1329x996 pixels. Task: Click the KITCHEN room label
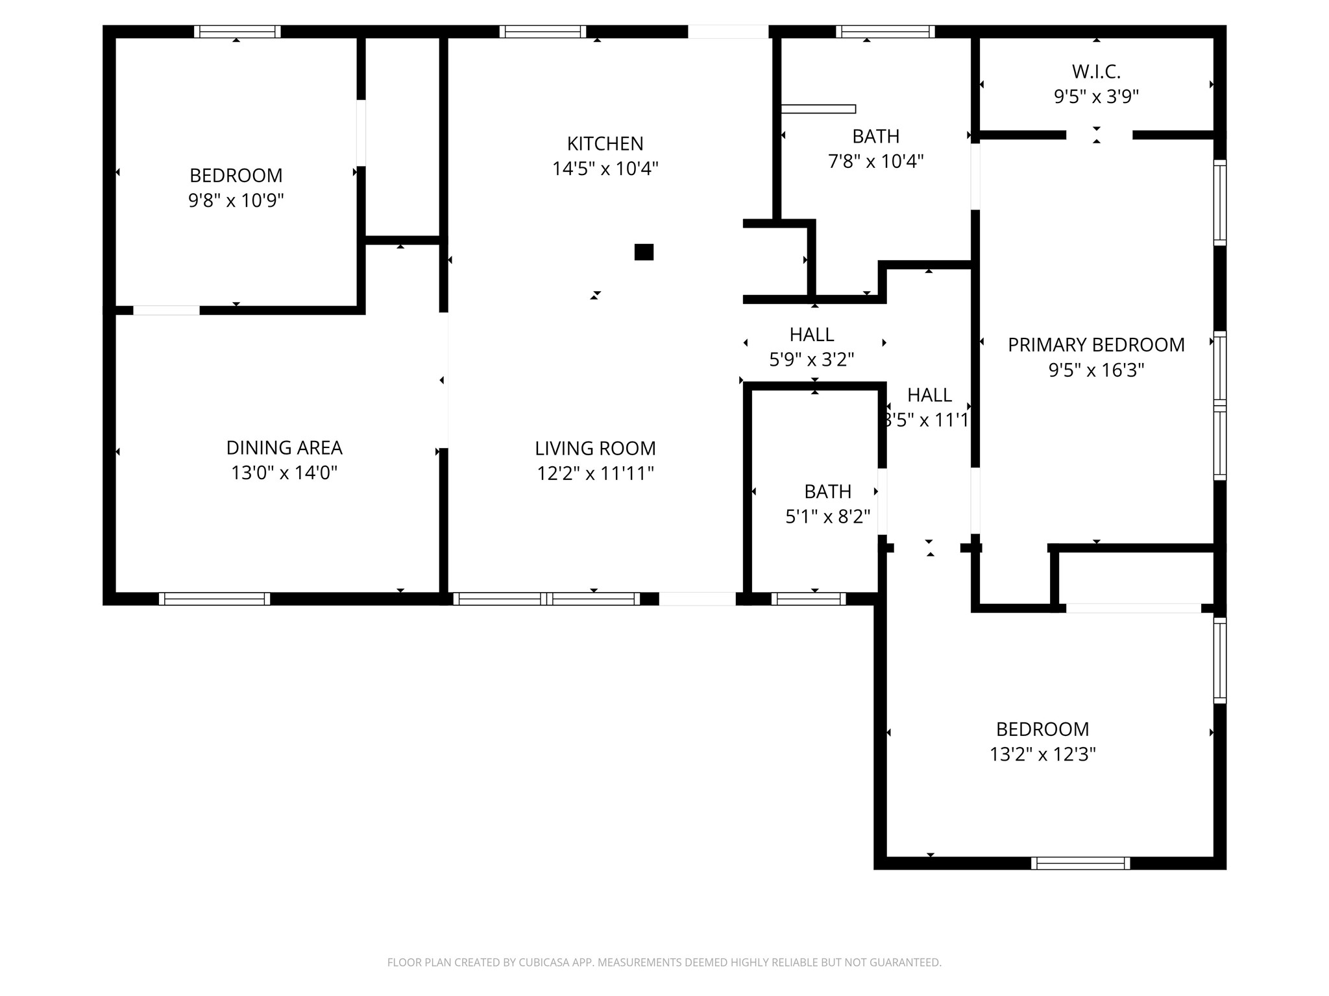point(605,143)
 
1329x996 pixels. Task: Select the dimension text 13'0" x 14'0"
point(284,473)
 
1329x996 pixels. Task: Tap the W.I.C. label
point(1096,71)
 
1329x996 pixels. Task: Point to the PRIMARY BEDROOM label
point(1096,344)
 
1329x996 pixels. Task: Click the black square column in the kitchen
point(644,252)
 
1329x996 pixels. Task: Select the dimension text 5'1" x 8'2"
point(827,517)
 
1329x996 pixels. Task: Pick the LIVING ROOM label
point(595,448)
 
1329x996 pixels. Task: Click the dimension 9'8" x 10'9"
point(236,200)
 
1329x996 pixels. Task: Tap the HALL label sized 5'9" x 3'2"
point(812,335)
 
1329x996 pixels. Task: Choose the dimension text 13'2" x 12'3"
point(1042,754)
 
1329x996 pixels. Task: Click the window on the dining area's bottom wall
point(215,599)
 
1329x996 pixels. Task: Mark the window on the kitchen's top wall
point(543,32)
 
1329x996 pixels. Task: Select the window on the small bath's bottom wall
point(809,599)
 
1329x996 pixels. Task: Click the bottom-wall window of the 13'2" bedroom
point(1080,863)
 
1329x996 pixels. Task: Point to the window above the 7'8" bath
point(885,32)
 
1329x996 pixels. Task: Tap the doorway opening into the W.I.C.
point(1099,135)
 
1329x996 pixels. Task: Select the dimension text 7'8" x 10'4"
point(875,161)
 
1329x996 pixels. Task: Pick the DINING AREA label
point(284,447)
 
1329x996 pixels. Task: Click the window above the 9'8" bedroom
point(237,32)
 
